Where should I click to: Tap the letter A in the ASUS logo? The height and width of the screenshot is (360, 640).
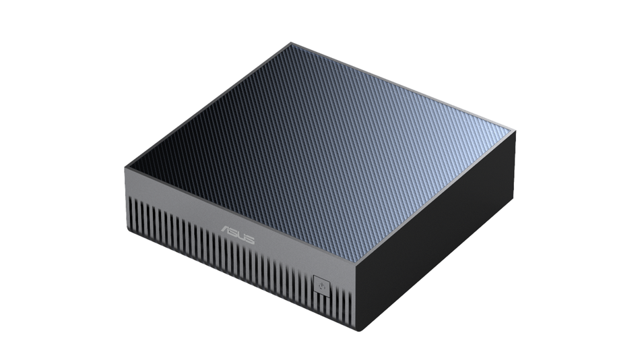(x=225, y=231)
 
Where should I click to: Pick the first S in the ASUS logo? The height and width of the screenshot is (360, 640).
(x=234, y=233)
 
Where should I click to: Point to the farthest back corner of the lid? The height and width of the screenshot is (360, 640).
(x=291, y=42)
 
